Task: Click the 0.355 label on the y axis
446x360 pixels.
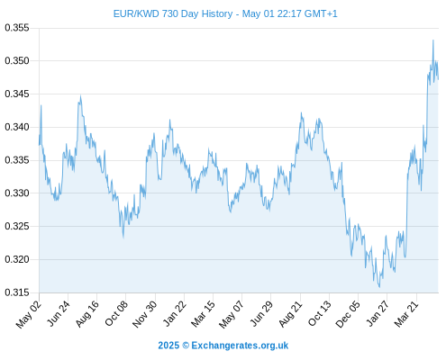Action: (x=17, y=28)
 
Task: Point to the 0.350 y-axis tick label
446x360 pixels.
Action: (x=17, y=61)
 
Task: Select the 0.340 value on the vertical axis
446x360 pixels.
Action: (x=17, y=127)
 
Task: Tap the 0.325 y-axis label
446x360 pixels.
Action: (x=17, y=226)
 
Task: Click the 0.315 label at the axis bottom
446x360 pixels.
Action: (x=17, y=292)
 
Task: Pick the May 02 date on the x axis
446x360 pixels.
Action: (x=29, y=314)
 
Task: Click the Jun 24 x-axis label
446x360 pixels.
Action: (x=59, y=313)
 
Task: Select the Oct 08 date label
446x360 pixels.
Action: (x=116, y=313)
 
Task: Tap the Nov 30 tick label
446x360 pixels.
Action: (x=145, y=314)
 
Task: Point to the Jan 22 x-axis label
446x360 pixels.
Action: (x=175, y=313)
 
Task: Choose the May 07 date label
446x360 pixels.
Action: (x=231, y=314)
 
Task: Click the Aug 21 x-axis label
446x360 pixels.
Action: (x=290, y=314)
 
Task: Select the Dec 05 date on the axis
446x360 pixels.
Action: (x=348, y=314)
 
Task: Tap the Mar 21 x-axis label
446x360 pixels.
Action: (x=406, y=314)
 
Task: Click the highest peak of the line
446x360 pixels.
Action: (x=433, y=40)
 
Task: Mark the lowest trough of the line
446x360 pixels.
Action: (x=379, y=287)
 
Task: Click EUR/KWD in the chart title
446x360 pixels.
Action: (x=136, y=13)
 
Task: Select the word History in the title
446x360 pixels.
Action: (x=217, y=14)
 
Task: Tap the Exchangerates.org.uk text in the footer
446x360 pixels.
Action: (x=240, y=346)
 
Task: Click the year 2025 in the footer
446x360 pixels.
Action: (x=168, y=346)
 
